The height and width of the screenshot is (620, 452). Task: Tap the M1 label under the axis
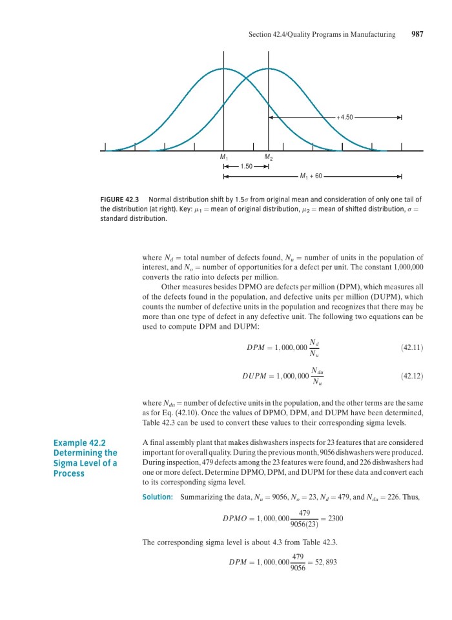[224, 158]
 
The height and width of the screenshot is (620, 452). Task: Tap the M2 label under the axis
[269, 158]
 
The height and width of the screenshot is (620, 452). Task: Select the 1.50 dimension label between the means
[245, 167]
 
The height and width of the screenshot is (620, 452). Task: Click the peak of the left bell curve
[223, 68]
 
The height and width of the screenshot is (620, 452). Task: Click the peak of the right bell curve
[269, 68]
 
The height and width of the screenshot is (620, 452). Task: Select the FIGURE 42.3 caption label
[121, 199]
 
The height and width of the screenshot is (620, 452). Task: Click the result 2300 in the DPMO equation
[335, 518]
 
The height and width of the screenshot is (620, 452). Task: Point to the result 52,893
[324, 562]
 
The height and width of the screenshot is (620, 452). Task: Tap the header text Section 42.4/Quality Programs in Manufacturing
[322, 34]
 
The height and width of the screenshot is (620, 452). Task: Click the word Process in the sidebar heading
[68, 473]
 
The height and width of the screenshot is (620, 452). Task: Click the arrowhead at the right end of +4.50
[400, 118]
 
